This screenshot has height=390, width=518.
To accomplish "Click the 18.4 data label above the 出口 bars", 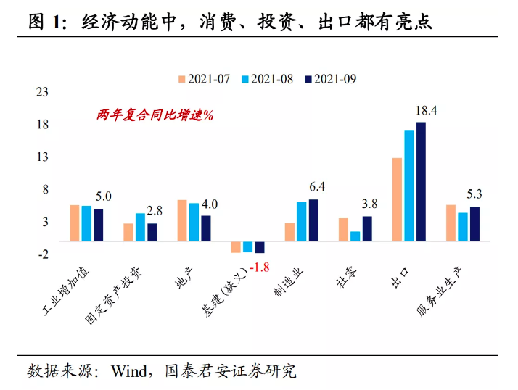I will click(426, 111).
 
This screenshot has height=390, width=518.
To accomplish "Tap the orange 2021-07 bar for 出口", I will click(397, 199).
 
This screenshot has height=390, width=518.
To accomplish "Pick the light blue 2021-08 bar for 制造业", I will click(301, 221).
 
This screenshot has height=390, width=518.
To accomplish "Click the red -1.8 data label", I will click(259, 267).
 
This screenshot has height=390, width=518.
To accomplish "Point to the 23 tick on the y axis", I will click(43, 92).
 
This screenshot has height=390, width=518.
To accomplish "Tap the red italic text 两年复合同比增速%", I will click(154, 115).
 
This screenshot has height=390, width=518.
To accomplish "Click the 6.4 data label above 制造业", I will click(316, 187).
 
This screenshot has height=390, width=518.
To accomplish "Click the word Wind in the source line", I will click(128, 371).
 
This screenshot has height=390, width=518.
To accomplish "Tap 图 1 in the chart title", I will click(46, 22).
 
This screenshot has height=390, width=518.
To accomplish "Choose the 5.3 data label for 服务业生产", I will click(474, 194).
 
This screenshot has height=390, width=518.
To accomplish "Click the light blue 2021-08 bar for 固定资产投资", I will click(140, 227).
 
